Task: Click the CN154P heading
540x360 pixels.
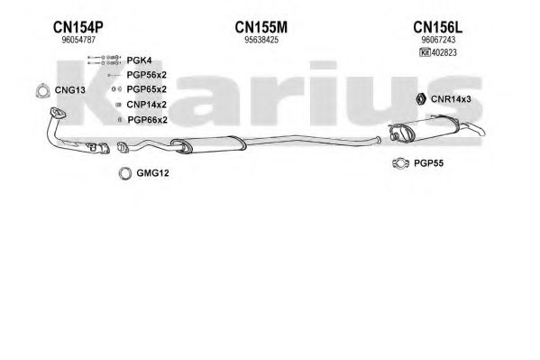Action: pos(78,27)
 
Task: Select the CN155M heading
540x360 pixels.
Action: pos(261,27)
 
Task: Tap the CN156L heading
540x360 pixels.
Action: pos(438,27)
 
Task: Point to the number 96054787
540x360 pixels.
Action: pos(78,40)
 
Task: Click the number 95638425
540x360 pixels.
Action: pos(261,40)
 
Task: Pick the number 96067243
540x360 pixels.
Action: pos(438,40)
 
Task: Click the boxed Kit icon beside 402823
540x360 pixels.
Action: pos(425,52)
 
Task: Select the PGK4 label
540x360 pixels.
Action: pos(139,60)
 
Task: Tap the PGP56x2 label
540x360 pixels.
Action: pos(147,75)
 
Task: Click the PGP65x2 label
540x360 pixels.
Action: pos(147,89)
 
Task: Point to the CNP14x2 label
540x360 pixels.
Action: pos(147,105)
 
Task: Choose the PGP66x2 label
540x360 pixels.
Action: pos(148,120)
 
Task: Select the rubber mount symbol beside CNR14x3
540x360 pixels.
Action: pos(421,99)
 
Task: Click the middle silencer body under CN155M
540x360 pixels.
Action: pos(208,144)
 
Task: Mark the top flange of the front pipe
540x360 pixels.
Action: pos(58,113)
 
